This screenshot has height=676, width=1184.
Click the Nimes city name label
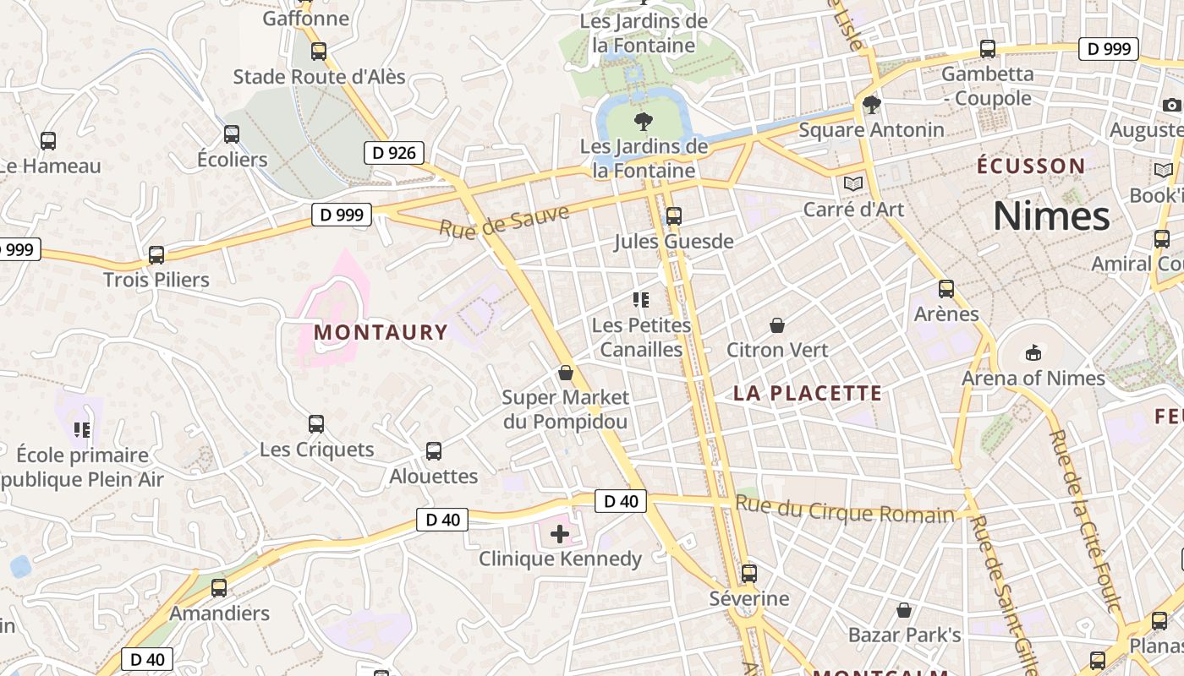coord(1051,216)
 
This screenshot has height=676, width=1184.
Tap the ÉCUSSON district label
coord(1031,166)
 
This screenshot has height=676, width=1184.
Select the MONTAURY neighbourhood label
coord(381,332)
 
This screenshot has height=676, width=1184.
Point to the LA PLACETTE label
coord(808,393)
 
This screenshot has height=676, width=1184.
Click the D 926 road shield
coord(393,153)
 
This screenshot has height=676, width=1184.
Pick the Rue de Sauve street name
coord(504,220)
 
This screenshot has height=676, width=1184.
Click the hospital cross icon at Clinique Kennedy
coord(559,534)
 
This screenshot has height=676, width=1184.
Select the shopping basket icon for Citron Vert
coord(776,325)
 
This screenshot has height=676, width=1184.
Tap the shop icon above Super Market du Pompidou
coord(566,373)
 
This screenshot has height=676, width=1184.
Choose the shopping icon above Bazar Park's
coord(904,610)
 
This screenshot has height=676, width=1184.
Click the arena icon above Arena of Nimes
coord(1033,352)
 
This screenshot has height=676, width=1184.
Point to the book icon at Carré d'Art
coord(853,183)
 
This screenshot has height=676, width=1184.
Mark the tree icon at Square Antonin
coord(871,105)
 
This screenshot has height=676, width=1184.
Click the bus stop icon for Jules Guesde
coord(673,216)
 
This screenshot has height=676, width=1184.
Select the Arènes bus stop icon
coord(946,289)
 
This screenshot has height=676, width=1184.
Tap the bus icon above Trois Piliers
coord(156,254)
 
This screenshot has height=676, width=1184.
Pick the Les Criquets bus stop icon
coord(316,424)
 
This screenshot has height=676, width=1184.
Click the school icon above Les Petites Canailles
coord(641,300)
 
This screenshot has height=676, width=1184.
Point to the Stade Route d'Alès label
coord(320,77)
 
